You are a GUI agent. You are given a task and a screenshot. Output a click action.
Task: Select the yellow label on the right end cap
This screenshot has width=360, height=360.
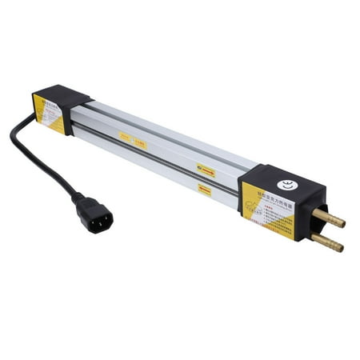coord(267,208)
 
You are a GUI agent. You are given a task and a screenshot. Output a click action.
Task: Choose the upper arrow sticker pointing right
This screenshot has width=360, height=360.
coord(206,170)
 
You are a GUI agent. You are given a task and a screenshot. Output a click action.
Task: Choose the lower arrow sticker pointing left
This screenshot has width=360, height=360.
coord(205,190)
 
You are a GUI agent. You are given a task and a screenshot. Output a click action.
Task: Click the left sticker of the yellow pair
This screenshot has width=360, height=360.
coord(126,136)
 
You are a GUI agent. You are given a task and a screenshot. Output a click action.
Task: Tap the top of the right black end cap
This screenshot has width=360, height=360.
coord(272,173)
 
